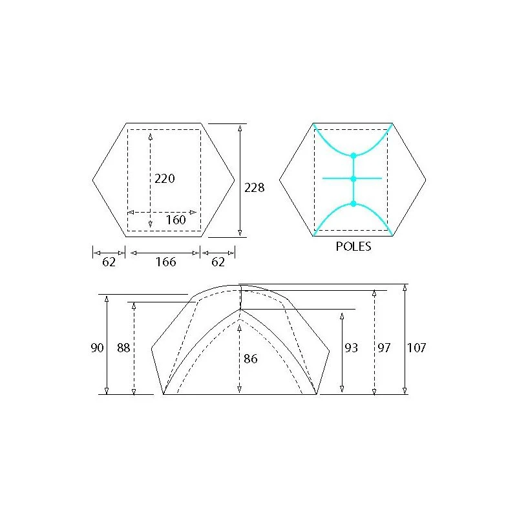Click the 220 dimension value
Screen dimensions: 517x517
(x=165, y=179)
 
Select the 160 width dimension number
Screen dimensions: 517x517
(x=176, y=220)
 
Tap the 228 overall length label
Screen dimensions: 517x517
(x=254, y=187)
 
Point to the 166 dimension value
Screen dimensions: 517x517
(x=165, y=262)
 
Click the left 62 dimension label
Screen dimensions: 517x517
(x=109, y=262)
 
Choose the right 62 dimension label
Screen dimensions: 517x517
(x=218, y=262)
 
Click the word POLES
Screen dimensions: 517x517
(x=353, y=246)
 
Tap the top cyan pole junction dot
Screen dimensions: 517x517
(x=353, y=155)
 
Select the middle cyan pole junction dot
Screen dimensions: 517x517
(x=353, y=179)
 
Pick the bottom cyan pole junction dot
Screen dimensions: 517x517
(x=353, y=204)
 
